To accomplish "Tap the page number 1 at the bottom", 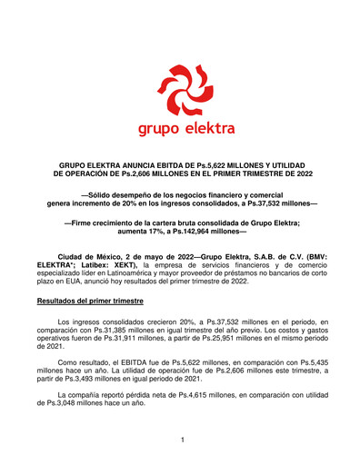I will [x=183, y=441].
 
